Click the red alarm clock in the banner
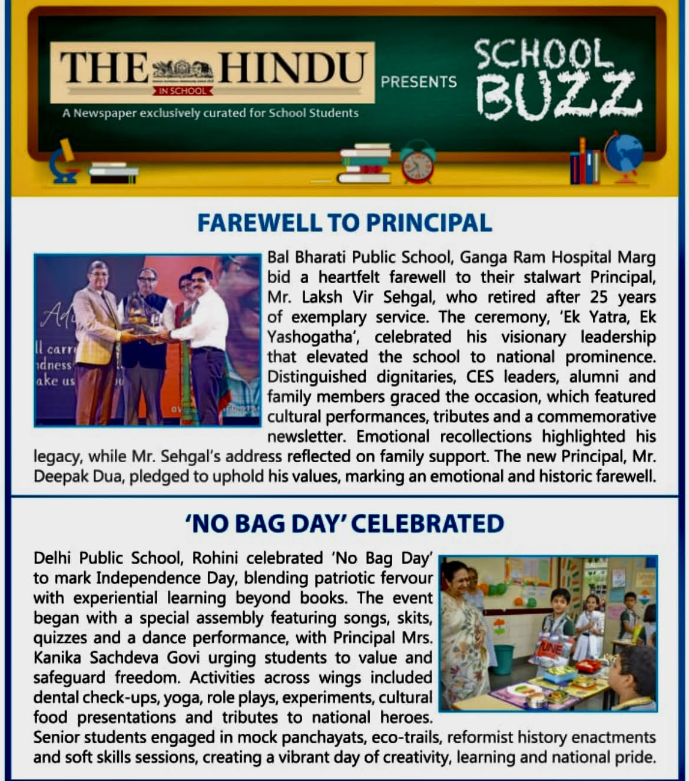pos(418,163)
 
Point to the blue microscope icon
pos(64,162)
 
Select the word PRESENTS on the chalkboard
pos(419,82)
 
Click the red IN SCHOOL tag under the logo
pos(183,91)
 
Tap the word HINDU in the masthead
pos(293,67)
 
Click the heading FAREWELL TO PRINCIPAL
pos(344,223)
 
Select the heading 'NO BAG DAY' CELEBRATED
pos(345,523)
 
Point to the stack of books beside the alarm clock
pos(365,163)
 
